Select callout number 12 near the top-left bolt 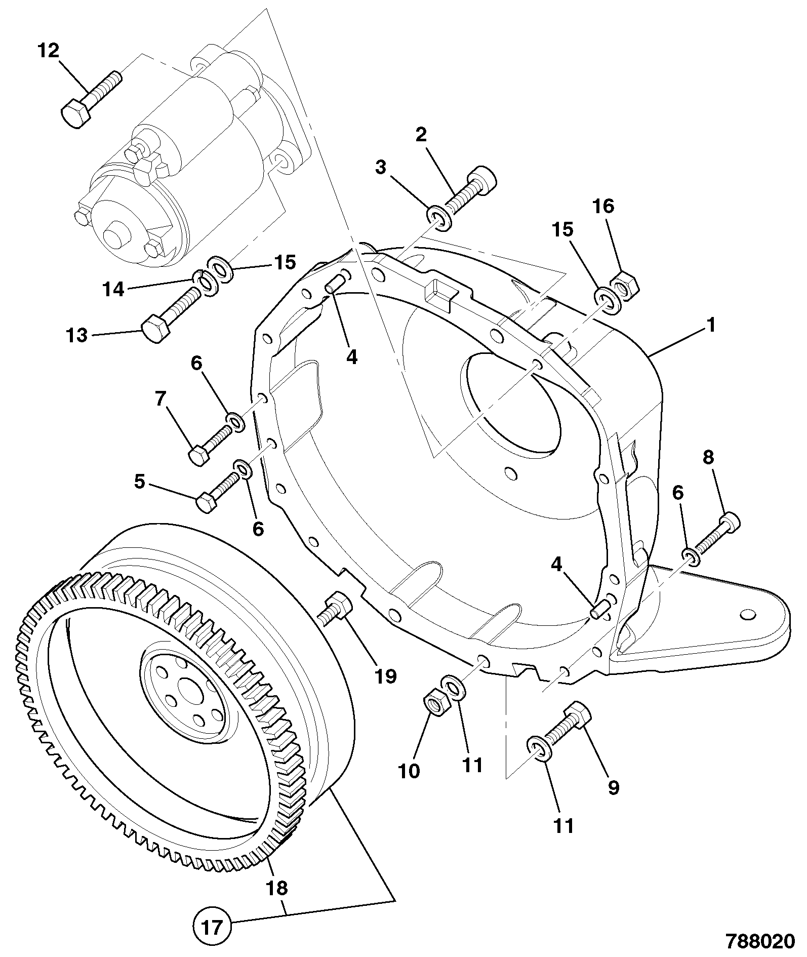49,51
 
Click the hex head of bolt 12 76,112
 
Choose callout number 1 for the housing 711,325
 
